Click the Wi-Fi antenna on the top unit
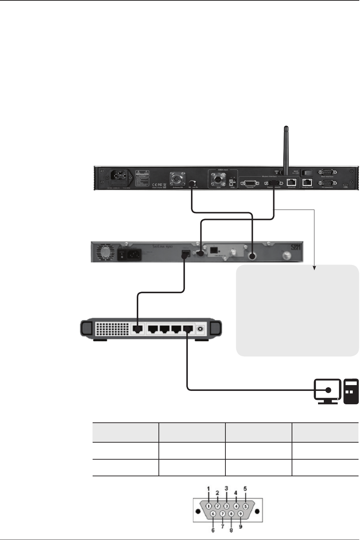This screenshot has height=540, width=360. coord(286,145)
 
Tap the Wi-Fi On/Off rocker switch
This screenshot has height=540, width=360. coord(308,173)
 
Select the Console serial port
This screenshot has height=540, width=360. coord(250,183)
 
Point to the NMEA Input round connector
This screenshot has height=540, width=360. coord(218,179)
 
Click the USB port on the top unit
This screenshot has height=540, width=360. coord(345,184)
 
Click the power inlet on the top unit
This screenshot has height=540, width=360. coord(119,178)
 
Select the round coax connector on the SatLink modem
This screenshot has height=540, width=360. coord(252,256)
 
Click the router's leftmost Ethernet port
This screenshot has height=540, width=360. coord(137,329)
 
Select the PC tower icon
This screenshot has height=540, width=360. coord(351,391)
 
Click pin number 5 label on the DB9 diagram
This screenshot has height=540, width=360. coord(245,488)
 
